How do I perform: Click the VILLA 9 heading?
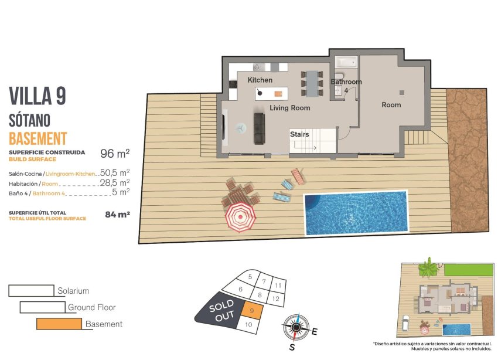tap(37, 96)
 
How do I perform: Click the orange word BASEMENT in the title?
tap(38, 139)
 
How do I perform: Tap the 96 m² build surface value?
tap(115, 154)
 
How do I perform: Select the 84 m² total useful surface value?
tap(117, 215)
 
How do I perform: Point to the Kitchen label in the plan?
tap(260, 80)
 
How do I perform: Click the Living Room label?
tap(289, 108)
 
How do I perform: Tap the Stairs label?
tap(299, 135)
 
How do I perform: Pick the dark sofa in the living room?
tap(259, 128)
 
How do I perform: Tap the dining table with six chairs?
tap(312, 83)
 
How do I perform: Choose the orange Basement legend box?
tap(59, 324)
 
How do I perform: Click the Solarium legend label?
tap(73, 291)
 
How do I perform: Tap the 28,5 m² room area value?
tap(115, 182)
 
